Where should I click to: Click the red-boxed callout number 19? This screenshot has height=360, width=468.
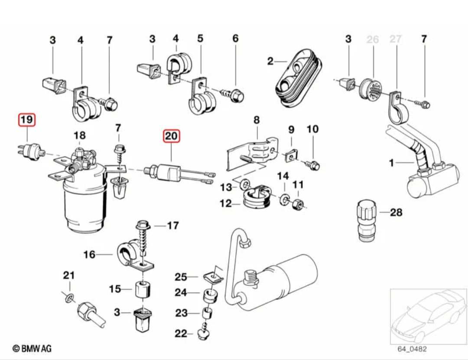tap(27, 120)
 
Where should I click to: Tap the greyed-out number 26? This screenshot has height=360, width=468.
tap(373, 40)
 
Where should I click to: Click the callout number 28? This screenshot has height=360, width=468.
tap(396, 212)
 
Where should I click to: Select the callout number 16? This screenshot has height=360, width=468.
tap(89, 254)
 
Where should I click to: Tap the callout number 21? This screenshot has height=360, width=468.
tap(69, 275)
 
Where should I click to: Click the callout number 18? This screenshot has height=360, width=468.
tap(80, 135)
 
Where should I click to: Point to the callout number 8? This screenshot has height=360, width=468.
tap(257, 119)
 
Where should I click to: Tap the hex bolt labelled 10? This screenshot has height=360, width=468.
tap(315, 165)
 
